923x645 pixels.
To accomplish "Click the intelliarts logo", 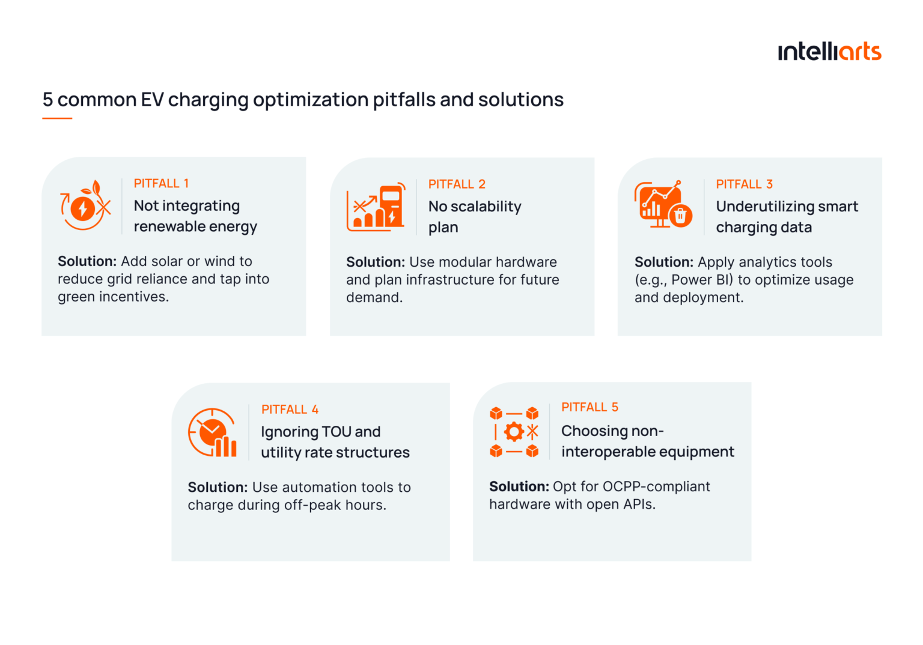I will coord(829,52).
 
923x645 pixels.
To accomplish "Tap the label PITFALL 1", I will coord(161,184).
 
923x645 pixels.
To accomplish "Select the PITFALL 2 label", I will coord(457,184).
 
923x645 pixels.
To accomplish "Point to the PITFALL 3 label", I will coord(744,184).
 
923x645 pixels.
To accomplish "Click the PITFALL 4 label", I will coord(290,410).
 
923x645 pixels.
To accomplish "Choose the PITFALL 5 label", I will coord(589,407).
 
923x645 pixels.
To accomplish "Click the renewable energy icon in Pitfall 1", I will coord(85,205).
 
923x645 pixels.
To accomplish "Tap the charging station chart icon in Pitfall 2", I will coord(376,207).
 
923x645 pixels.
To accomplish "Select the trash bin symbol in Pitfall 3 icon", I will coord(681,215).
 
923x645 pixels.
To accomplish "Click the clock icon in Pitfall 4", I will coord(211,431).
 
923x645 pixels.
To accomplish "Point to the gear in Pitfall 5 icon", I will coord(514,431).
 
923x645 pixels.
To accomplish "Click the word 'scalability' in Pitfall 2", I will coord(486,207).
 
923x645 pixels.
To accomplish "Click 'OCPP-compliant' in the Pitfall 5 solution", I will coord(656,486).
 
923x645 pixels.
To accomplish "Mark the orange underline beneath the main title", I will coord(57,118).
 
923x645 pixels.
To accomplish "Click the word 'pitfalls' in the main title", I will coord(404,100).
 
